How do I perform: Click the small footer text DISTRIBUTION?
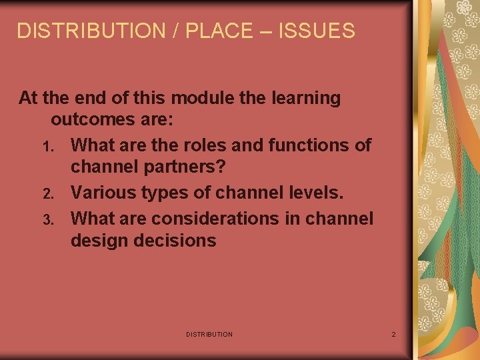[209, 334]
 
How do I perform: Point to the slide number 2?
[393, 334]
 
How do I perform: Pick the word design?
[100, 241]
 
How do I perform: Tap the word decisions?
[176, 241]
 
